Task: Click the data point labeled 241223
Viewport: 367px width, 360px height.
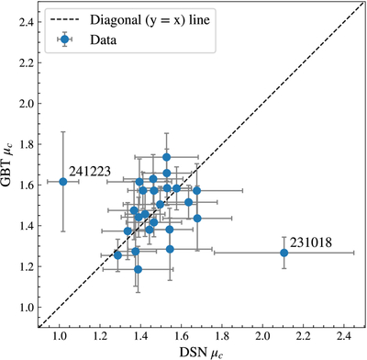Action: click(63, 182)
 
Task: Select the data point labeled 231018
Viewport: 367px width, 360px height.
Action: click(284, 253)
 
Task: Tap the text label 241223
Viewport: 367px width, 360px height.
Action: click(90, 172)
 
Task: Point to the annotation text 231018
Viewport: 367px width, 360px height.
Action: click(311, 242)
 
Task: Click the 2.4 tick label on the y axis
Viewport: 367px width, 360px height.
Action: click(26, 22)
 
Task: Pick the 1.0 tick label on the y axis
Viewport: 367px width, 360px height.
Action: click(26, 307)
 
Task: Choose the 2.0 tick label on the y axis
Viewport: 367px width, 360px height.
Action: click(26, 104)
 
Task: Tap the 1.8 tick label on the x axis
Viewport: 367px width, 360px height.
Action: click(222, 337)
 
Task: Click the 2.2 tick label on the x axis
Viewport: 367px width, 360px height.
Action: click(304, 337)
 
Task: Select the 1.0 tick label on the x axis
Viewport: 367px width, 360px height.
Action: click(60, 337)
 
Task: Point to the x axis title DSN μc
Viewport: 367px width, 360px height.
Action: click(202, 352)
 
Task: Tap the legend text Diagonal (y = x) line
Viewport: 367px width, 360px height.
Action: click(150, 20)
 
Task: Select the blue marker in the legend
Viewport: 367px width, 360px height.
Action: click(64, 39)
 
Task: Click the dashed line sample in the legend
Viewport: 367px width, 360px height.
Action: click(64, 20)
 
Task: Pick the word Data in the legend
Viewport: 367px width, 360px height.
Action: click(103, 39)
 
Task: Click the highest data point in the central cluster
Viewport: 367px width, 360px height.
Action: click(166, 157)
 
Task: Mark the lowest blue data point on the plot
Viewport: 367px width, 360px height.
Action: click(138, 269)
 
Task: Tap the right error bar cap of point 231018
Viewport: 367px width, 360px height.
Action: click(354, 253)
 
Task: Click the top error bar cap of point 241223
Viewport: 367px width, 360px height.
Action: click(63, 131)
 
